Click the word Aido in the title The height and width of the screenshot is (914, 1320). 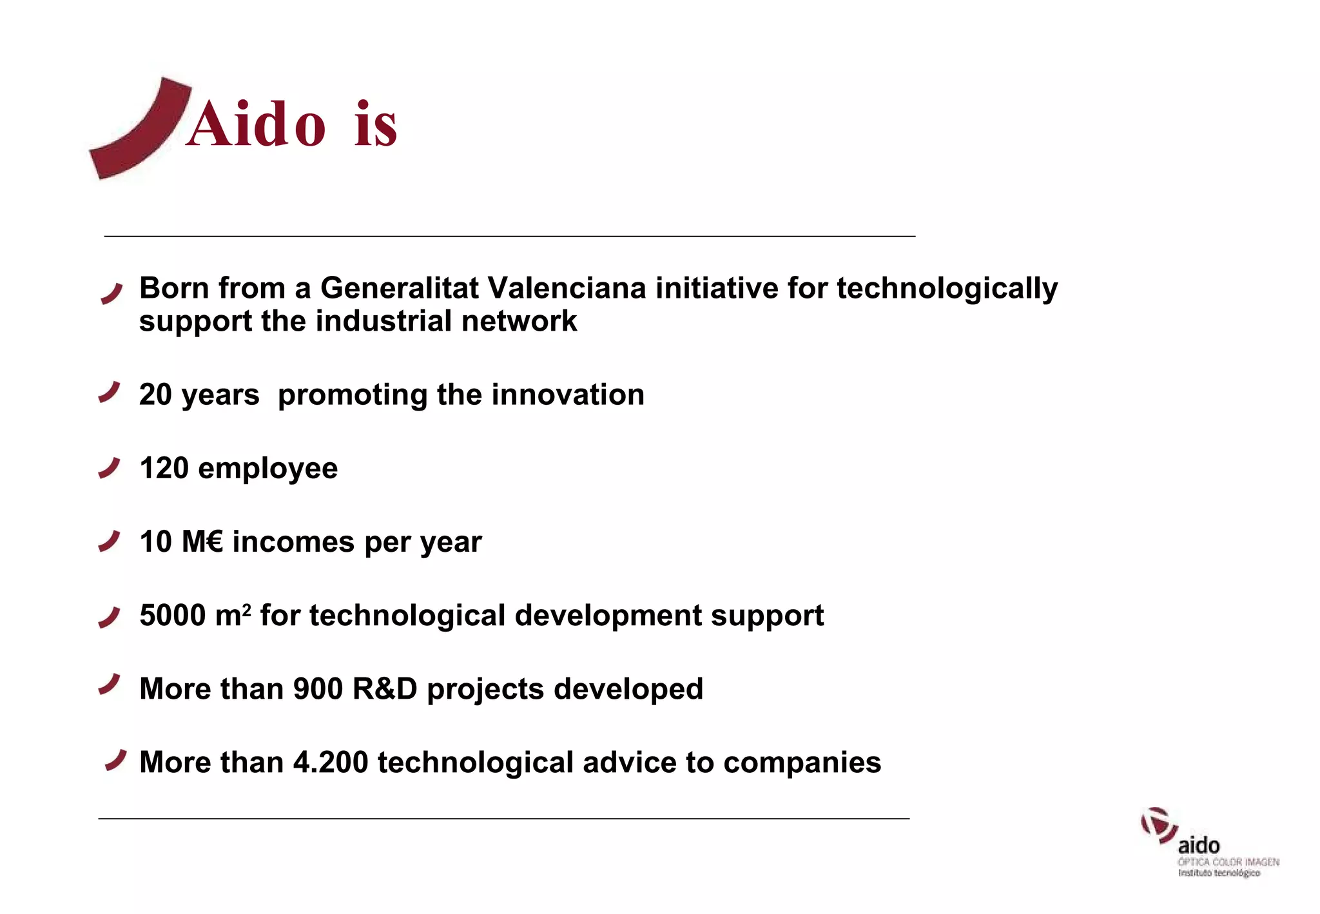256,125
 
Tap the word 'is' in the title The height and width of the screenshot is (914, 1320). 376,125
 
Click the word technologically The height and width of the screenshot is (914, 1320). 947,288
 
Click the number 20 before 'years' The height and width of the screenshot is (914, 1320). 155,394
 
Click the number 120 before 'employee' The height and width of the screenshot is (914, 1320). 164,468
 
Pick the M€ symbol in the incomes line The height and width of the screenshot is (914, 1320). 202,541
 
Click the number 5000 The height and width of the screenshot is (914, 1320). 172,615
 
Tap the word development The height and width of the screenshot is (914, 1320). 608,616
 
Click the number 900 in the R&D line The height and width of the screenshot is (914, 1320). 318,688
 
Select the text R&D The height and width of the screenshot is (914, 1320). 385,688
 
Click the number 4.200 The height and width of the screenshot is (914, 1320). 330,762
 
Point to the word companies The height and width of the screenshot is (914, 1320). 802,763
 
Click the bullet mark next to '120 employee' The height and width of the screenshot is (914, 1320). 110,468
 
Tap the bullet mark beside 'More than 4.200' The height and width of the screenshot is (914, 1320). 116,760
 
